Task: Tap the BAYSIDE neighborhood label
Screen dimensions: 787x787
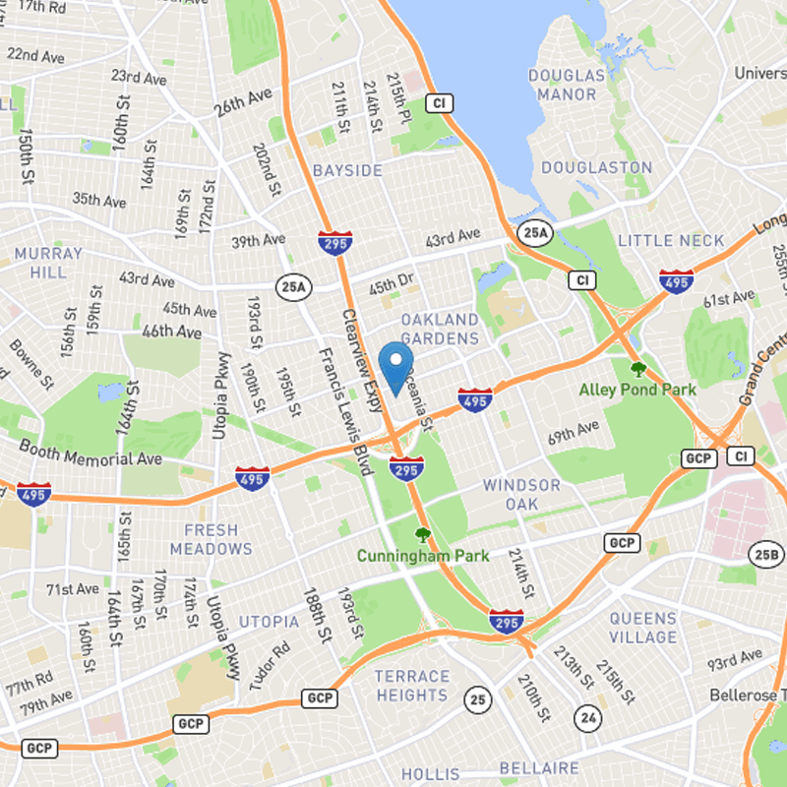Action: pos(347,171)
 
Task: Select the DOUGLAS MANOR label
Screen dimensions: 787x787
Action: pos(567,85)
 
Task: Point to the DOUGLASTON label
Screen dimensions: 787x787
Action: pos(596,168)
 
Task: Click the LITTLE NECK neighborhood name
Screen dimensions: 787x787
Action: pos(671,241)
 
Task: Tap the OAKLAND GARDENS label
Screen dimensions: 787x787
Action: pos(440,329)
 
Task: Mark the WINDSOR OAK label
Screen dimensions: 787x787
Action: pos(521,494)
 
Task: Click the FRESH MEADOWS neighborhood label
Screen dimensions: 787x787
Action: pos(211,539)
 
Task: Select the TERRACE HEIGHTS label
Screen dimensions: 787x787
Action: pos(411,686)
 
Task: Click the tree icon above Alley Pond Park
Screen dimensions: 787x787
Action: pos(637,370)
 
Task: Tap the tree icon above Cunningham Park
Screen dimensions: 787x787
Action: pos(423,536)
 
